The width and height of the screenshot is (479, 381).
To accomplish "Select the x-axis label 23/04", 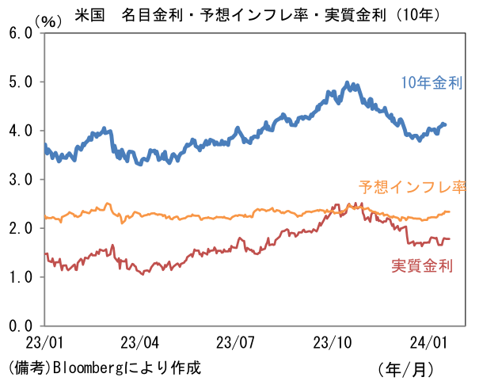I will (x=140, y=344).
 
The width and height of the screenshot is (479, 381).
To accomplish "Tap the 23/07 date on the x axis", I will (x=236, y=344).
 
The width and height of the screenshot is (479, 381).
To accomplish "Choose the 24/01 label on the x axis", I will (x=428, y=344).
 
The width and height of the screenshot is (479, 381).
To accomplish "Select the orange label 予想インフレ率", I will (x=412, y=188).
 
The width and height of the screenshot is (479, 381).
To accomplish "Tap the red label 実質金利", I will (x=422, y=266).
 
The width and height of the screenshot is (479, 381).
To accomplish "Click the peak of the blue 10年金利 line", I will (x=347, y=82).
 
